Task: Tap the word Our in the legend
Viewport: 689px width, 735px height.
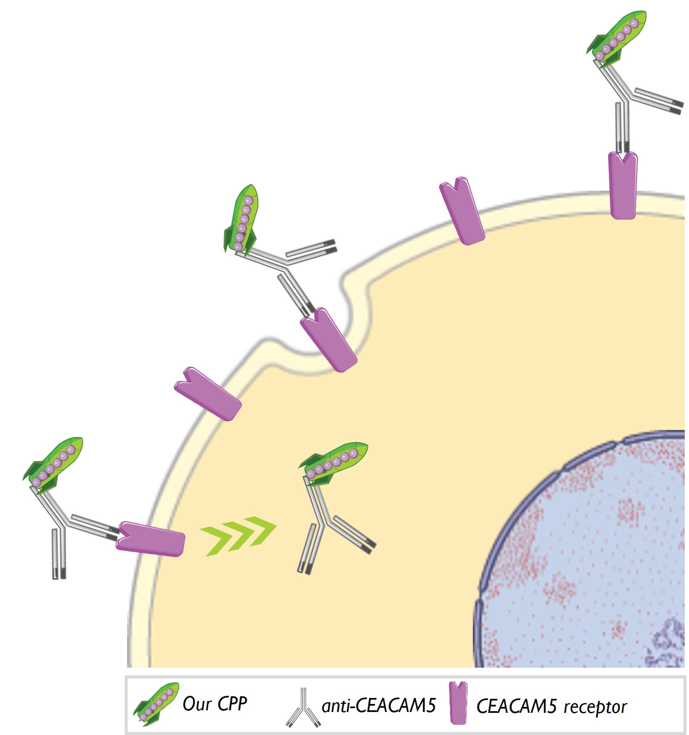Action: (197, 703)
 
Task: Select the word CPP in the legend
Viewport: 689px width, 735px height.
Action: (232, 703)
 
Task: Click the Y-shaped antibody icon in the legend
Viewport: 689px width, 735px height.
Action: (303, 707)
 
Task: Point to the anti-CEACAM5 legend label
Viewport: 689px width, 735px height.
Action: (379, 706)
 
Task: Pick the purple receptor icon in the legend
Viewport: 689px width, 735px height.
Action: (458, 703)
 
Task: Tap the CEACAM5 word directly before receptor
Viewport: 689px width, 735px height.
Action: (516, 706)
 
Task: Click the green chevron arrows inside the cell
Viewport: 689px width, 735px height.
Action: (238, 536)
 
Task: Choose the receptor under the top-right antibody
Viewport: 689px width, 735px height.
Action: (623, 185)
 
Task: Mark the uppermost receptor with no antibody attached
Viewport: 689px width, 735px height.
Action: (462, 211)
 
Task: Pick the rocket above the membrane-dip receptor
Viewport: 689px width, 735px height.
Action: (242, 220)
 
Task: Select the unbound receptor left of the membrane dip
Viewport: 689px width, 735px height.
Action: (208, 394)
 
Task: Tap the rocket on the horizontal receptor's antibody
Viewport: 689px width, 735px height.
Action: (53, 465)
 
